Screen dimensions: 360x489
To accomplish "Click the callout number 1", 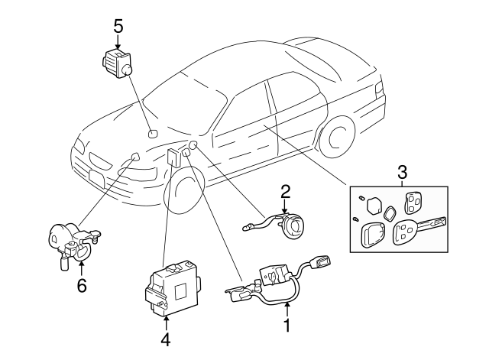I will (x=287, y=326).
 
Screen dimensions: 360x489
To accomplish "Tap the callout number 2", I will (x=285, y=191).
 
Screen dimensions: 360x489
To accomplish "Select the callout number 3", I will (x=403, y=174).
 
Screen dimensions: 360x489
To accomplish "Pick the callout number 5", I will (x=118, y=25).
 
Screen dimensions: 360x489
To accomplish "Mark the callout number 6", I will (x=82, y=286).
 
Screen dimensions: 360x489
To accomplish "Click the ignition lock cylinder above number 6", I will (x=69, y=240).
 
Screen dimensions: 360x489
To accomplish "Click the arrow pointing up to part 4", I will (x=166, y=319).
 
